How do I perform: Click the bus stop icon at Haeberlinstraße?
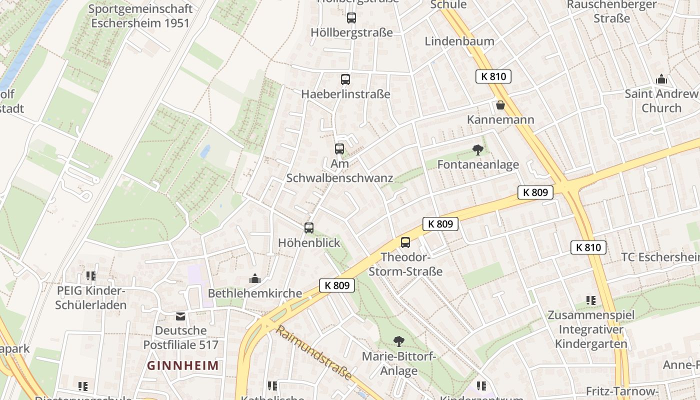click(345, 79)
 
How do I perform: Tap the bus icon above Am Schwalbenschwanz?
click(339, 148)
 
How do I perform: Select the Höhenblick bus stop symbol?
click(309, 228)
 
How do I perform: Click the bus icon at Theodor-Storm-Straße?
click(405, 242)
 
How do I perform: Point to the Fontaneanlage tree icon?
click(477, 149)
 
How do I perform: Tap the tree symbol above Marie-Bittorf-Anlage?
click(398, 341)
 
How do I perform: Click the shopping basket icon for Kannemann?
click(500, 105)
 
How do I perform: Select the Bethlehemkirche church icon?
click(255, 278)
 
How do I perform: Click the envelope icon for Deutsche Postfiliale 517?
click(180, 316)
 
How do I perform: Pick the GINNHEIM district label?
click(183, 365)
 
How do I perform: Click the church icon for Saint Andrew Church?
click(661, 79)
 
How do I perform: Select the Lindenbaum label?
click(459, 41)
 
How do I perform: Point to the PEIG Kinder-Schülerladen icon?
click(90, 275)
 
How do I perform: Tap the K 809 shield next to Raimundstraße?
click(337, 285)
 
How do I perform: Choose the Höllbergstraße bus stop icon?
click(351, 18)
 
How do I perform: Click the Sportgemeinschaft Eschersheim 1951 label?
click(140, 15)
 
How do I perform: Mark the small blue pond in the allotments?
click(205, 151)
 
